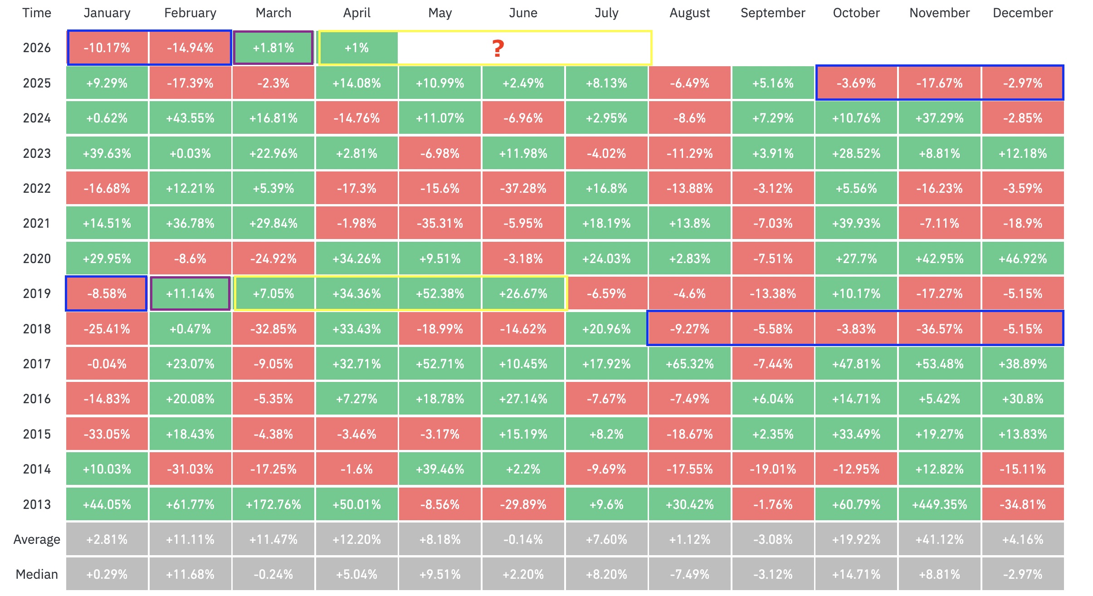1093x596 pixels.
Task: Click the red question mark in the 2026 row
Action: (x=498, y=48)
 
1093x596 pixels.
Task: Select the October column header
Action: (x=856, y=13)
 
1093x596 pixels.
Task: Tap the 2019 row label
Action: (x=37, y=293)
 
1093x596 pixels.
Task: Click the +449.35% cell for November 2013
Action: (x=939, y=504)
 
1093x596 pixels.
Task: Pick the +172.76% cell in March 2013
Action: (x=273, y=504)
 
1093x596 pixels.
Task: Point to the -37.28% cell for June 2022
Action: (x=523, y=188)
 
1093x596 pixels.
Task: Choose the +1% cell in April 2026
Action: (x=357, y=48)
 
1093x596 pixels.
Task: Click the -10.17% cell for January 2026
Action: (x=107, y=48)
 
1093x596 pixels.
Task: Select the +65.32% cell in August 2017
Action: (x=689, y=364)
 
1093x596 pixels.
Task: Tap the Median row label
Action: (x=37, y=574)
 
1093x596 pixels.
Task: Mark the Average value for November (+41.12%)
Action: (x=939, y=539)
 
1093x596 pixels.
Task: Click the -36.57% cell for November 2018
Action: (x=939, y=329)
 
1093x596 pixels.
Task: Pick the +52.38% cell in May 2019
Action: (x=440, y=293)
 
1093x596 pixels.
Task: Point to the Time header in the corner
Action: (x=37, y=13)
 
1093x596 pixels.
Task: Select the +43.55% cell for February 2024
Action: (x=190, y=118)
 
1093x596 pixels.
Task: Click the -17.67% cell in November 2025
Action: (x=939, y=83)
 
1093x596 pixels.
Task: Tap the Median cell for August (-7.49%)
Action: (x=689, y=574)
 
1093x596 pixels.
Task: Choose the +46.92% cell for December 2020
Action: (x=1023, y=259)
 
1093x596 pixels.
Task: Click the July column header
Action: (x=606, y=13)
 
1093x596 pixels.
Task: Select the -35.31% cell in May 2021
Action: (x=440, y=223)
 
